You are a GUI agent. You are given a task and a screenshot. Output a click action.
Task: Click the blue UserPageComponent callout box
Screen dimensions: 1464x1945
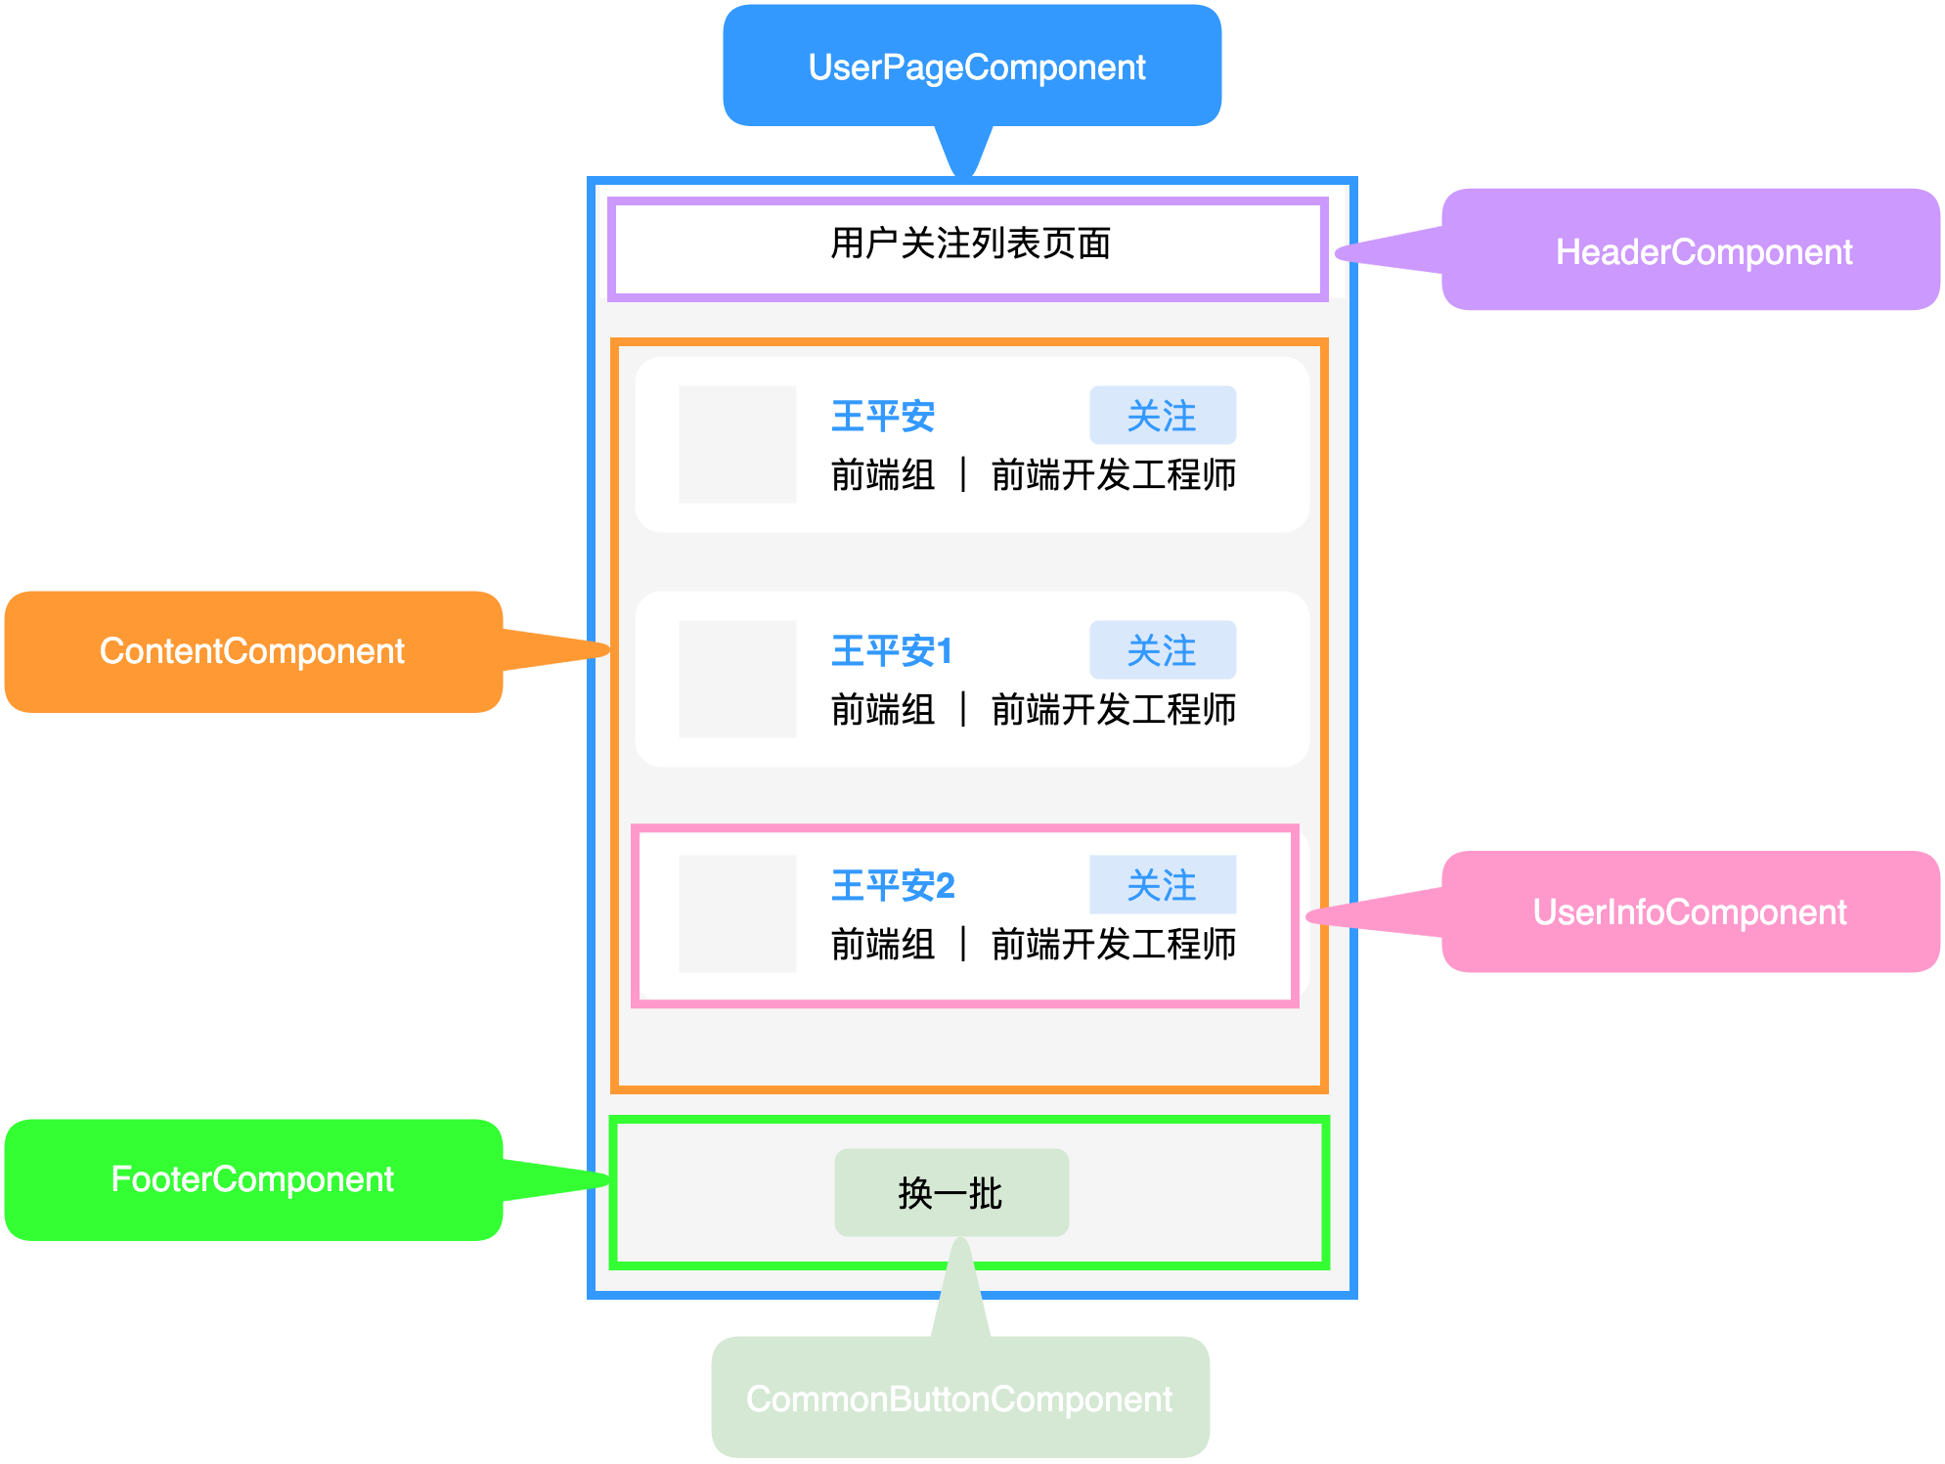point(972,67)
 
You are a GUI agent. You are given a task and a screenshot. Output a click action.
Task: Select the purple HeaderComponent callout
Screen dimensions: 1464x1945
point(1690,250)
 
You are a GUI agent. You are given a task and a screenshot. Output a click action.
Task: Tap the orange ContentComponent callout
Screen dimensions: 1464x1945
point(253,651)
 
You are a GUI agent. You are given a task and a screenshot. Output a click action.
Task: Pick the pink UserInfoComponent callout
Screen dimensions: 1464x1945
point(1690,911)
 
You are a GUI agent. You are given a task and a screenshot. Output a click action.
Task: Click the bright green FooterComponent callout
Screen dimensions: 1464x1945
point(253,1179)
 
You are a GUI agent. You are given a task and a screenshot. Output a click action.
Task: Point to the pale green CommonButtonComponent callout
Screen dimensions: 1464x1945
point(959,1397)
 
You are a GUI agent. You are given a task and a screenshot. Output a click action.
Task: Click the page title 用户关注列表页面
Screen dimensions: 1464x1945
point(970,244)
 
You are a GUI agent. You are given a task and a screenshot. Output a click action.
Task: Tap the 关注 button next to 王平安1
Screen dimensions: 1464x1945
point(1162,650)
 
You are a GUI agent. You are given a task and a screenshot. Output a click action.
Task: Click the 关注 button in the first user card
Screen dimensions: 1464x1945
point(1162,416)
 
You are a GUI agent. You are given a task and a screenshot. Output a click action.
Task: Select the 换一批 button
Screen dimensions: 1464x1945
point(950,1193)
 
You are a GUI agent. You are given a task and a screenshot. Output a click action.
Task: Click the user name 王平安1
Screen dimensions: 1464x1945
point(891,651)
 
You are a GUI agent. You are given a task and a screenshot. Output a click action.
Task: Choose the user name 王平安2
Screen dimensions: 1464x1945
point(892,886)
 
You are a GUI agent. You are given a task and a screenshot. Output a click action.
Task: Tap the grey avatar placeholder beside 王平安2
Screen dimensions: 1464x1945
point(737,914)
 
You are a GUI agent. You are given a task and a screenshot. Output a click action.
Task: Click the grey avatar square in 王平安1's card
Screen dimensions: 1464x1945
point(737,680)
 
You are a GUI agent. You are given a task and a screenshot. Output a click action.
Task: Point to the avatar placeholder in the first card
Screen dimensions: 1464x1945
point(737,445)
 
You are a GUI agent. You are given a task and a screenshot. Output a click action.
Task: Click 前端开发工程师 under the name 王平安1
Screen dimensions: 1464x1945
point(1113,710)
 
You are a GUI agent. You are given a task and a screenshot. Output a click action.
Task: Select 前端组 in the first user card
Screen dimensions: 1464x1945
point(882,475)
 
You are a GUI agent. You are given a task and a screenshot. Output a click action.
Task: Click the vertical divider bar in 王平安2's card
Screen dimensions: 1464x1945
point(963,945)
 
